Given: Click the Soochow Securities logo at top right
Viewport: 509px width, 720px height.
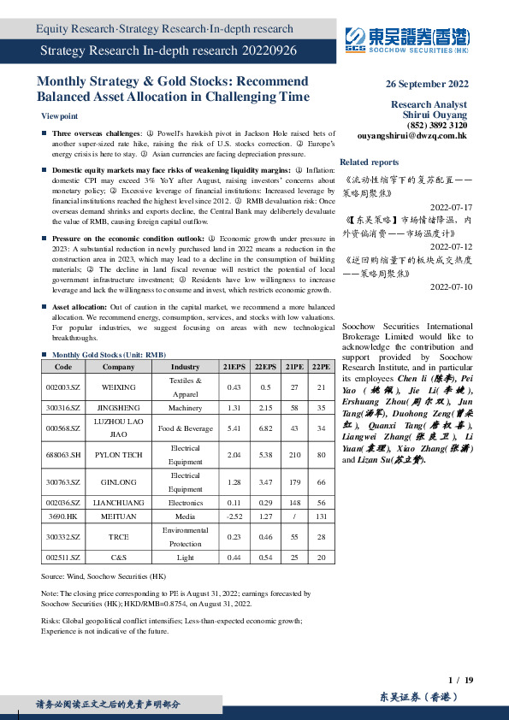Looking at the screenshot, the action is [x=406, y=40].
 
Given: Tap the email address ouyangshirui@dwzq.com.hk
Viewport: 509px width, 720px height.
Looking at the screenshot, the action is [x=411, y=135].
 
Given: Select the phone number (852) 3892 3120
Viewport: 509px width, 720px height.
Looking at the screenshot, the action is [x=437, y=125].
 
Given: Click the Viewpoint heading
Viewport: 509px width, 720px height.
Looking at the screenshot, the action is [x=59, y=115].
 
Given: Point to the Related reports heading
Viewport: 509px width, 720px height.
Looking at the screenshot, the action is [x=369, y=162].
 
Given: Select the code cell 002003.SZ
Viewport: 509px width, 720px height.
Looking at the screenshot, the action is [x=63, y=387].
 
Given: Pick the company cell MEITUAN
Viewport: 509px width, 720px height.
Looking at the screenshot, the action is [x=118, y=516].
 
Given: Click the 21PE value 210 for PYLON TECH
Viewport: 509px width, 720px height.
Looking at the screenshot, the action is [x=293, y=455].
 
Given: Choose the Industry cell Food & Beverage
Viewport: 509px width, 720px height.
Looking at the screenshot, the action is [x=185, y=428].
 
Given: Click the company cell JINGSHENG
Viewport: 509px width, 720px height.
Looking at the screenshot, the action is [x=118, y=407].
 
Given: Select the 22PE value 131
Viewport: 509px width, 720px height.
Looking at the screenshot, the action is [x=321, y=516].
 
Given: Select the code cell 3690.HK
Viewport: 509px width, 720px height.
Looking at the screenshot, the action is [x=63, y=516].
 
